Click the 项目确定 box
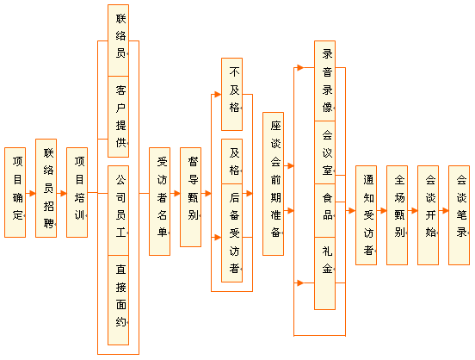(15, 192)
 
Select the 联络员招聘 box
(46, 188)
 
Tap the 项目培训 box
(77, 192)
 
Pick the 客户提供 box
(119, 117)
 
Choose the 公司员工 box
(119, 210)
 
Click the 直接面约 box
(119, 300)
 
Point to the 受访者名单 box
(160, 202)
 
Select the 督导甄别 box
(190, 197)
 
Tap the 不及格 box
(232, 95)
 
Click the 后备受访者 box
(232, 233)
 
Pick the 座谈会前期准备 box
(274, 183)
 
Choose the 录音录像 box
(324, 81)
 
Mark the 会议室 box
(324, 152)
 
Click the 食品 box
(324, 210)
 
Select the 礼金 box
(324, 273)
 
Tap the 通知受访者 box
(367, 215)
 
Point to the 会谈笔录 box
(460, 215)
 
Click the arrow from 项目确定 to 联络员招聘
(31, 193)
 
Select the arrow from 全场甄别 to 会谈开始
(412, 210)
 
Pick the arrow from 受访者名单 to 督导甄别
(175, 193)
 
